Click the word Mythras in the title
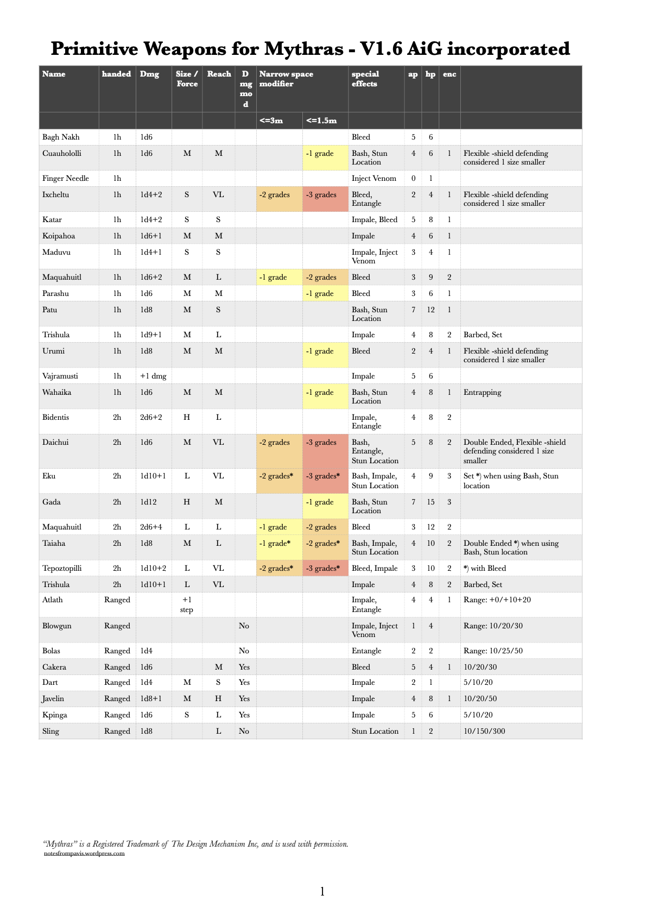pos(303,49)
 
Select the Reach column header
pos(219,74)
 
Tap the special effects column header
pos(365,79)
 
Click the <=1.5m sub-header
pos(321,121)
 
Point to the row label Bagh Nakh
pos(61,137)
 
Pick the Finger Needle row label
pos(66,179)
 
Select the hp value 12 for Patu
pos(430,310)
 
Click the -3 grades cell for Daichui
pos(321,443)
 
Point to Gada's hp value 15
pos(430,502)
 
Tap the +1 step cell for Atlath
pos(187,604)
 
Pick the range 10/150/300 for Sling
pos(484,732)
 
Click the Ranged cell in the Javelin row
pos(117,699)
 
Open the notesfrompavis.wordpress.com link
pos(84,853)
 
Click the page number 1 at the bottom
pos(322,891)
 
